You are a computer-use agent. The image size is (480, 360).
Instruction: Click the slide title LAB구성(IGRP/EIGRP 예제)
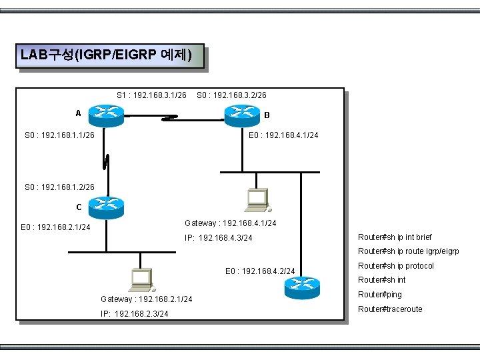click(107, 55)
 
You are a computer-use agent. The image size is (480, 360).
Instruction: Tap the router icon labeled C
click(106, 208)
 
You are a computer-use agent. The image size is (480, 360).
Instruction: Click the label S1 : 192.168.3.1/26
click(151, 95)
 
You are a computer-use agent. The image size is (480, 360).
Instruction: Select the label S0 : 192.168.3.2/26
click(232, 95)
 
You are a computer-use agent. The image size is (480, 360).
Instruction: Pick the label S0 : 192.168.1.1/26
click(59, 135)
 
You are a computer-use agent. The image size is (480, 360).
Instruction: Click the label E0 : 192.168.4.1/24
click(283, 135)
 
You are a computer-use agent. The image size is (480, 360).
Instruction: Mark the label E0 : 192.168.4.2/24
click(260, 271)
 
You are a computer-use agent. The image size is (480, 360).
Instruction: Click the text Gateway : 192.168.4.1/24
click(230, 223)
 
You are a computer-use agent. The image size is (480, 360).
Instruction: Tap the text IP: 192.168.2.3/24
click(133, 313)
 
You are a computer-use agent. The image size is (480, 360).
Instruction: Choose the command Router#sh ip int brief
click(395, 237)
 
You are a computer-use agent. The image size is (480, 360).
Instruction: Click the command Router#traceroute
click(390, 309)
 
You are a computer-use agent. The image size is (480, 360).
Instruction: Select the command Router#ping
click(380, 294)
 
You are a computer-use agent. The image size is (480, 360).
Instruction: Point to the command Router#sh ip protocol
click(396, 265)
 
